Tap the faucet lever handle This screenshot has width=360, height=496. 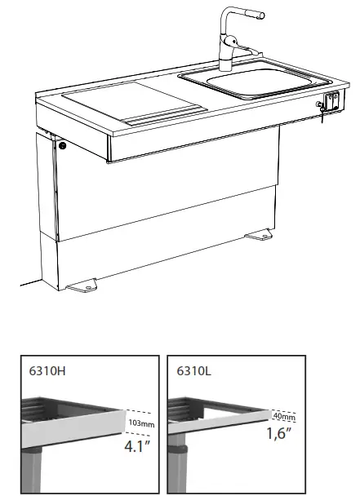click(231, 45)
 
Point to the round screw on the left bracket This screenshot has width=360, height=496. click(63, 146)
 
